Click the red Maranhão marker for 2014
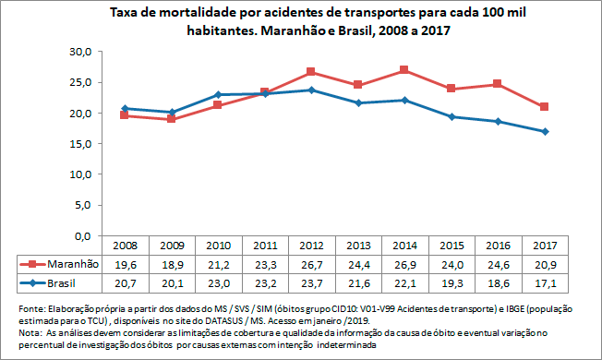(x=405, y=70)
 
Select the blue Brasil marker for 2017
(x=546, y=131)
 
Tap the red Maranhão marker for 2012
(x=311, y=71)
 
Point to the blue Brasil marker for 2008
(x=125, y=109)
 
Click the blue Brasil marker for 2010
(x=218, y=94)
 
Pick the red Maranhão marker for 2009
(x=172, y=119)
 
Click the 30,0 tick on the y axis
(x=81, y=52)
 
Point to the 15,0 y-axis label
(x=81, y=143)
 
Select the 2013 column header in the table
(x=358, y=246)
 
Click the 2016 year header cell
(x=499, y=246)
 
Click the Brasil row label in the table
(x=64, y=281)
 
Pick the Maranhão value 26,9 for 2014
(x=405, y=263)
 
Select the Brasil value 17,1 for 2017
(x=546, y=281)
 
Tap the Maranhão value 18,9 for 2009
(x=172, y=263)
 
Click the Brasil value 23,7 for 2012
(x=311, y=281)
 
